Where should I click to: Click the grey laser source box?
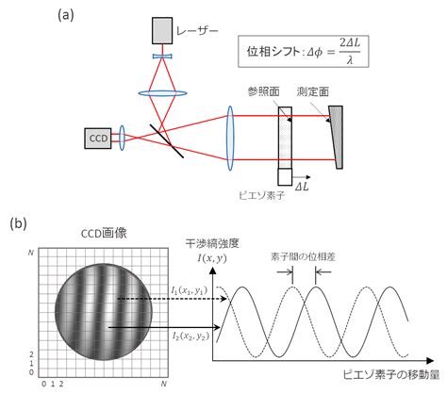pos(162,30)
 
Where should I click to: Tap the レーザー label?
pos(197,31)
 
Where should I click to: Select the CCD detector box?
pos(98,139)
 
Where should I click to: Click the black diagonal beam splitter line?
pos(167,141)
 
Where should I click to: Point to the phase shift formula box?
pos(304,51)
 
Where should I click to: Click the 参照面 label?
pos(263,91)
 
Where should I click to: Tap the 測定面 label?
pos(313,91)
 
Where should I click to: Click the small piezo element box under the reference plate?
pos(285,177)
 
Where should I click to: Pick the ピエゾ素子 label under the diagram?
pos(261,195)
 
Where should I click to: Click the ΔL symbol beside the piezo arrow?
pos(302,187)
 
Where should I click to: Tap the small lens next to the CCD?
pos(122,138)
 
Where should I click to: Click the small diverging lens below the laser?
pos(162,57)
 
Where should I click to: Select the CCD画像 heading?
pos(104,234)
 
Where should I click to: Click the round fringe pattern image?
pos(104,312)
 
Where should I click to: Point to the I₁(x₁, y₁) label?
pos(190,290)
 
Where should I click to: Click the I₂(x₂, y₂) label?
pos(190,337)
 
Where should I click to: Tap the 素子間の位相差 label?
pos(303,256)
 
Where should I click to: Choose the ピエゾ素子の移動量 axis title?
pos(391,375)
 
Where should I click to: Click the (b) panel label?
pos(18,223)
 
